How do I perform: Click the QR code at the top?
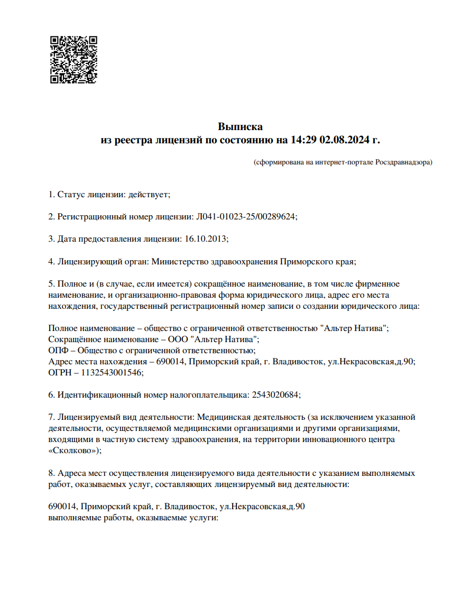[x=73, y=60]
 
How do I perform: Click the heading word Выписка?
[x=240, y=127]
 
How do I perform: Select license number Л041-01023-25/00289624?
[x=247, y=216]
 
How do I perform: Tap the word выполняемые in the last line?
[x=71, y=518]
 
